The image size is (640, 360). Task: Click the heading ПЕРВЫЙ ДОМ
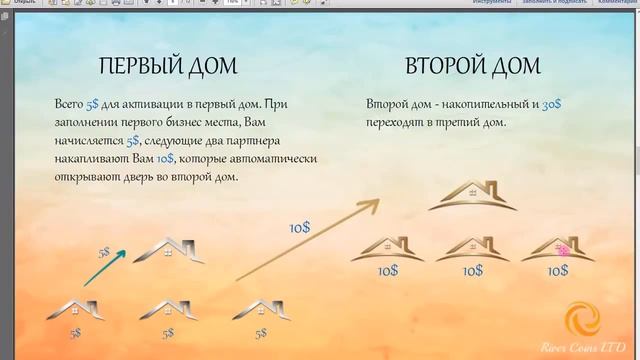pyautogui.click(x=167, y=66)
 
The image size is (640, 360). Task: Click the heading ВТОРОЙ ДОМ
pyautogui.click(x=473, y=66)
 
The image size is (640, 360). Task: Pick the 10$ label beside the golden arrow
pyautogui.click(x=299, y=227)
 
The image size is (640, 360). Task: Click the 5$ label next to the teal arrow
pyautogui.click(x=104, y=253)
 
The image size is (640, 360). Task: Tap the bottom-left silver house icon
pyautogui.click(x=76, y=310)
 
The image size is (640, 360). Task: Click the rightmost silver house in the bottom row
pyautogui.click(x=260, y=310)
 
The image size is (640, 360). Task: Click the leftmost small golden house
pyautogui.click(x=386, y=249)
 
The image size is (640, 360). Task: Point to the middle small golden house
pyautogui.click(x=473, y=249)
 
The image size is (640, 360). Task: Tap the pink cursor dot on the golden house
pyautogui.click(x=563, y=251)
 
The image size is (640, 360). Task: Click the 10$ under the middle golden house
pyautogui.click(x=473, y=271)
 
